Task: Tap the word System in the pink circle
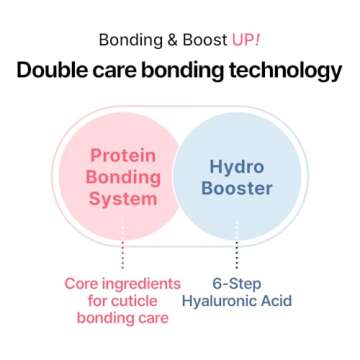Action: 123,198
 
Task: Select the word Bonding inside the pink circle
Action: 123,177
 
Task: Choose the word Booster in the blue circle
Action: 237,187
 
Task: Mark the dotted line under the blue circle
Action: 237,256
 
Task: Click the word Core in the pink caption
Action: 83,283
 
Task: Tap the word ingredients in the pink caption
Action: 143,283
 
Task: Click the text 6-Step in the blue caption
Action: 238,283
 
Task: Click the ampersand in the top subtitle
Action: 169,41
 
